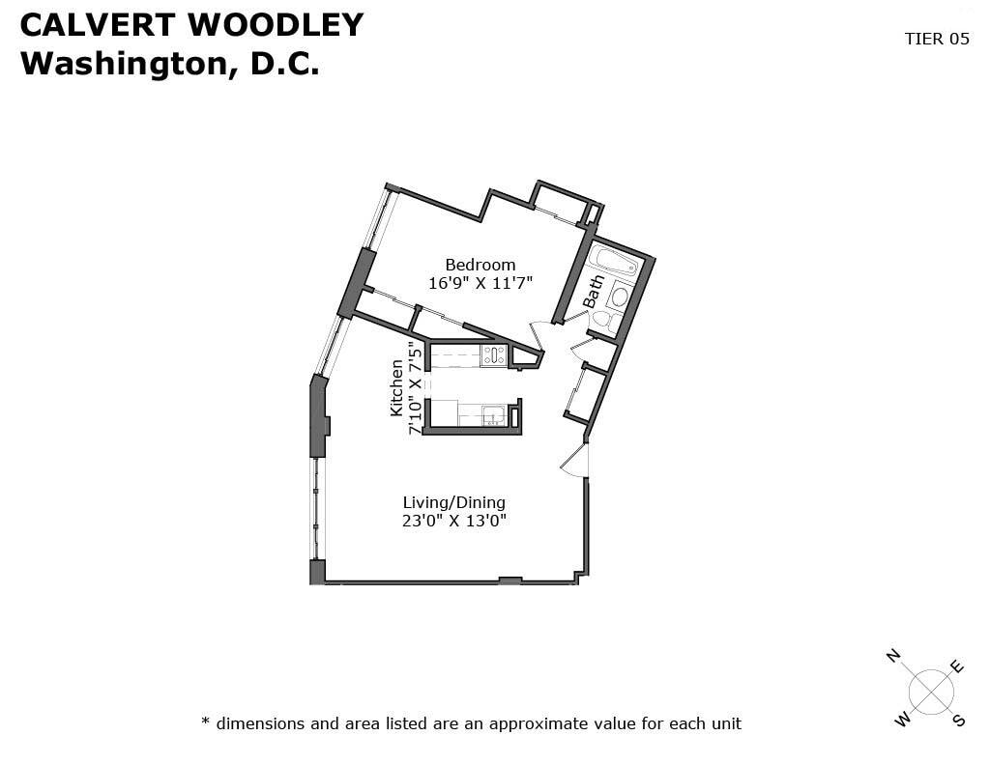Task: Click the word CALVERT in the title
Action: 98,25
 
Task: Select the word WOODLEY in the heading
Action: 276,25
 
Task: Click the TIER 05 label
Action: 936,39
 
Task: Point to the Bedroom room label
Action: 480,265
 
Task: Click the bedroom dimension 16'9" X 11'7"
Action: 480,283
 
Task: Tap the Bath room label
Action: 594,292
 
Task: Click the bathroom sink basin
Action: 620,297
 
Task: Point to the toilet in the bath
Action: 602,320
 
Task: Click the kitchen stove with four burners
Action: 493,355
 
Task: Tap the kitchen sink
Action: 493,415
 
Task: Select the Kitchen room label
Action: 396,388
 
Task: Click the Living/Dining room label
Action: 454,503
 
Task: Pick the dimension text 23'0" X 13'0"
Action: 454,522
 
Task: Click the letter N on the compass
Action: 892,656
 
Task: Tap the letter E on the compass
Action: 957,666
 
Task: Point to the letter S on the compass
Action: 959,720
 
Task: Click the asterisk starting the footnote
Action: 205,721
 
